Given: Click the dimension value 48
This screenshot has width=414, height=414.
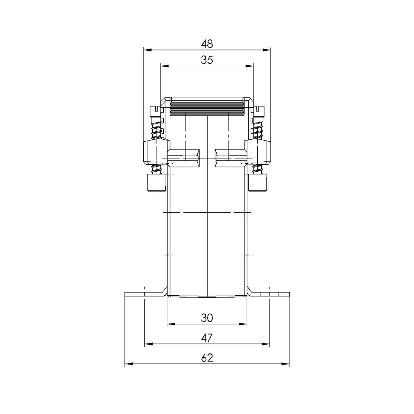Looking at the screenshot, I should [x=207, y=43].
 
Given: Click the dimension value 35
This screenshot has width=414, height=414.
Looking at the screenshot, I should [x=207, y=60].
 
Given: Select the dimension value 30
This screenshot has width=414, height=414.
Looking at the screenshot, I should [x=207, y=318].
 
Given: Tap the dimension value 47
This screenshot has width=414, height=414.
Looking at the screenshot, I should [x=207, y=338].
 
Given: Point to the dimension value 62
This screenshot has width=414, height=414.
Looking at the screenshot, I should [x=207, y=358].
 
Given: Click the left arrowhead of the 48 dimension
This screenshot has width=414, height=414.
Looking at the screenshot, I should [x=147, y=50].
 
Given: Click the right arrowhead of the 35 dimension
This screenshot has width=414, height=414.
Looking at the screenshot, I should [x=249, y=67].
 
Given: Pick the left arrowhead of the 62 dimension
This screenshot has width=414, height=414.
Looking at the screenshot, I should [x=129, y=364].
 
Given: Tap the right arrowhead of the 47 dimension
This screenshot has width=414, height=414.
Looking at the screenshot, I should [x=265, y=344].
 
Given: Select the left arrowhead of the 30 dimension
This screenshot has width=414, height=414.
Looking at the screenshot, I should [x=171, y=324].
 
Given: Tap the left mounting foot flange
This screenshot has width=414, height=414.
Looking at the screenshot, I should [x=144, y=294].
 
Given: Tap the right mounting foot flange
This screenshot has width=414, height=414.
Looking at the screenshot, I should [x=270, y=294].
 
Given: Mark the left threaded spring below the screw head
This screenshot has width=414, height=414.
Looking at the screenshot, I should [x=157, y=128].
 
